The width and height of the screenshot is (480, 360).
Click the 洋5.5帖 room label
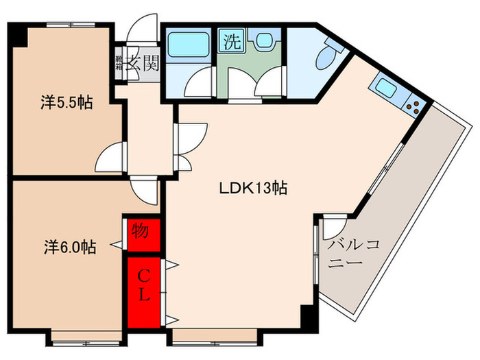pos(66,104)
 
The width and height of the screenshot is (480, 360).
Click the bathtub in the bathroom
pos(189,46)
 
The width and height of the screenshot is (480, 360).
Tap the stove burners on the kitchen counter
pos(413,106)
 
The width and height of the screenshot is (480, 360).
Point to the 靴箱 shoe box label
pos(119,65)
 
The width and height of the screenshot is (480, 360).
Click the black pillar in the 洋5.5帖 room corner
pos(19,36)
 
